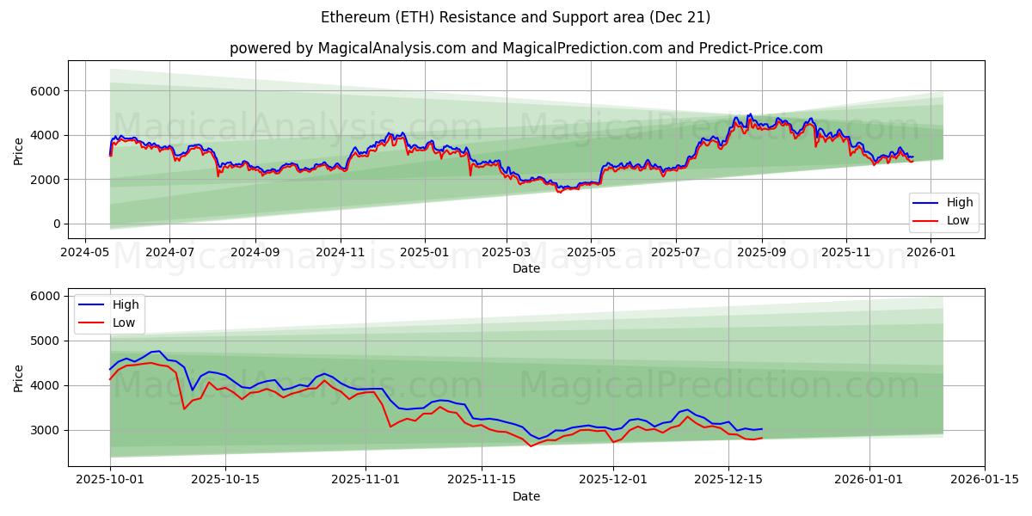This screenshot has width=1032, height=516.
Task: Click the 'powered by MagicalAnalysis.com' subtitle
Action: tap(526, 48)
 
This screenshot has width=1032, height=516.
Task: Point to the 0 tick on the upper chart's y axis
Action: tap(57, 224)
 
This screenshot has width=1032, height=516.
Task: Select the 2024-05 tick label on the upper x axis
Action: tap(84, 253)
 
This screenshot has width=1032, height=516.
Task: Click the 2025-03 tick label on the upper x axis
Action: tap(506, 253)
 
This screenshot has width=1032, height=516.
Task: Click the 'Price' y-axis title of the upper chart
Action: tap(19, 150)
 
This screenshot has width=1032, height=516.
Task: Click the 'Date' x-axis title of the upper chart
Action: tap(526, 268)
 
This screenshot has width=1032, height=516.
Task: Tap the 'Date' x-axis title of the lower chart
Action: tap(526, 496)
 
